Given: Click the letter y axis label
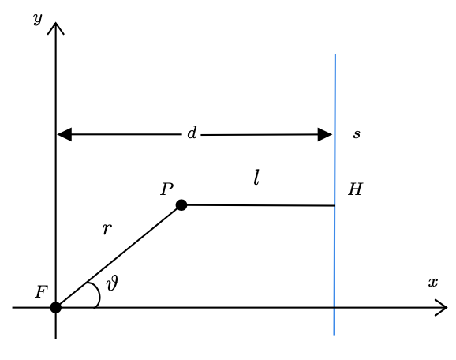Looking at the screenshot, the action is [38, 20].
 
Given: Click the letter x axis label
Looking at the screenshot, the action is [433, 283].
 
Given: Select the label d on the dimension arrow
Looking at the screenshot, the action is [192, 133].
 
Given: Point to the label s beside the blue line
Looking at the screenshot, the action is [357, 134].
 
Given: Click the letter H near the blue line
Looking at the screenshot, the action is [355, 189].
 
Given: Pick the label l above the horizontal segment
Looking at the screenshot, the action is [256, 178].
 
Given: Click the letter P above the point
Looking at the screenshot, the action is [167, 189].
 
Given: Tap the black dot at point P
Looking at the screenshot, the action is [181, 205].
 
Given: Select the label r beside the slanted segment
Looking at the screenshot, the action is [107, 229].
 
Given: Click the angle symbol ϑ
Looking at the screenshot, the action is [112, 283].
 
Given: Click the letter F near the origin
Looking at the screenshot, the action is [41, 292].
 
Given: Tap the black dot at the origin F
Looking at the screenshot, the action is [55, 308].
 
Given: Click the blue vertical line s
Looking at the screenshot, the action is [335, 194].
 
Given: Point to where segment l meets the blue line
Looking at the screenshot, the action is [335, 206].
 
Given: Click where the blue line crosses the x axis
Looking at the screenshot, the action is [335, 307].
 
